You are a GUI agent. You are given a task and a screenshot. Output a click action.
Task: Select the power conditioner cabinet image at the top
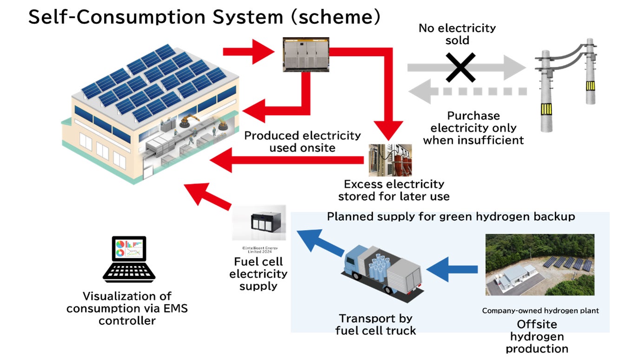tap(306, 54)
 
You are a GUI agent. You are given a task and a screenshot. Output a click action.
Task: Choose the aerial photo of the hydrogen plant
tap(539, 265)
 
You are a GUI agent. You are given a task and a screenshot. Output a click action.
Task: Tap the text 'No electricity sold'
tap(457, 34)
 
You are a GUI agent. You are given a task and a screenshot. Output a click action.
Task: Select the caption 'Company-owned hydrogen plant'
tap(540, 310)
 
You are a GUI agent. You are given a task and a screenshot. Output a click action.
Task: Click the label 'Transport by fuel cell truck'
tap(376, 324)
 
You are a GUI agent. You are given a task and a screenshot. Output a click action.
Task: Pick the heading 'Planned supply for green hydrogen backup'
tap(451, 216)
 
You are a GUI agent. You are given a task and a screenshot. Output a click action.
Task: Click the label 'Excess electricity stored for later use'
tap(394, 190)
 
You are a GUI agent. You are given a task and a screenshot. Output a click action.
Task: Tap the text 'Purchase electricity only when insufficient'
tap(473, 128)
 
